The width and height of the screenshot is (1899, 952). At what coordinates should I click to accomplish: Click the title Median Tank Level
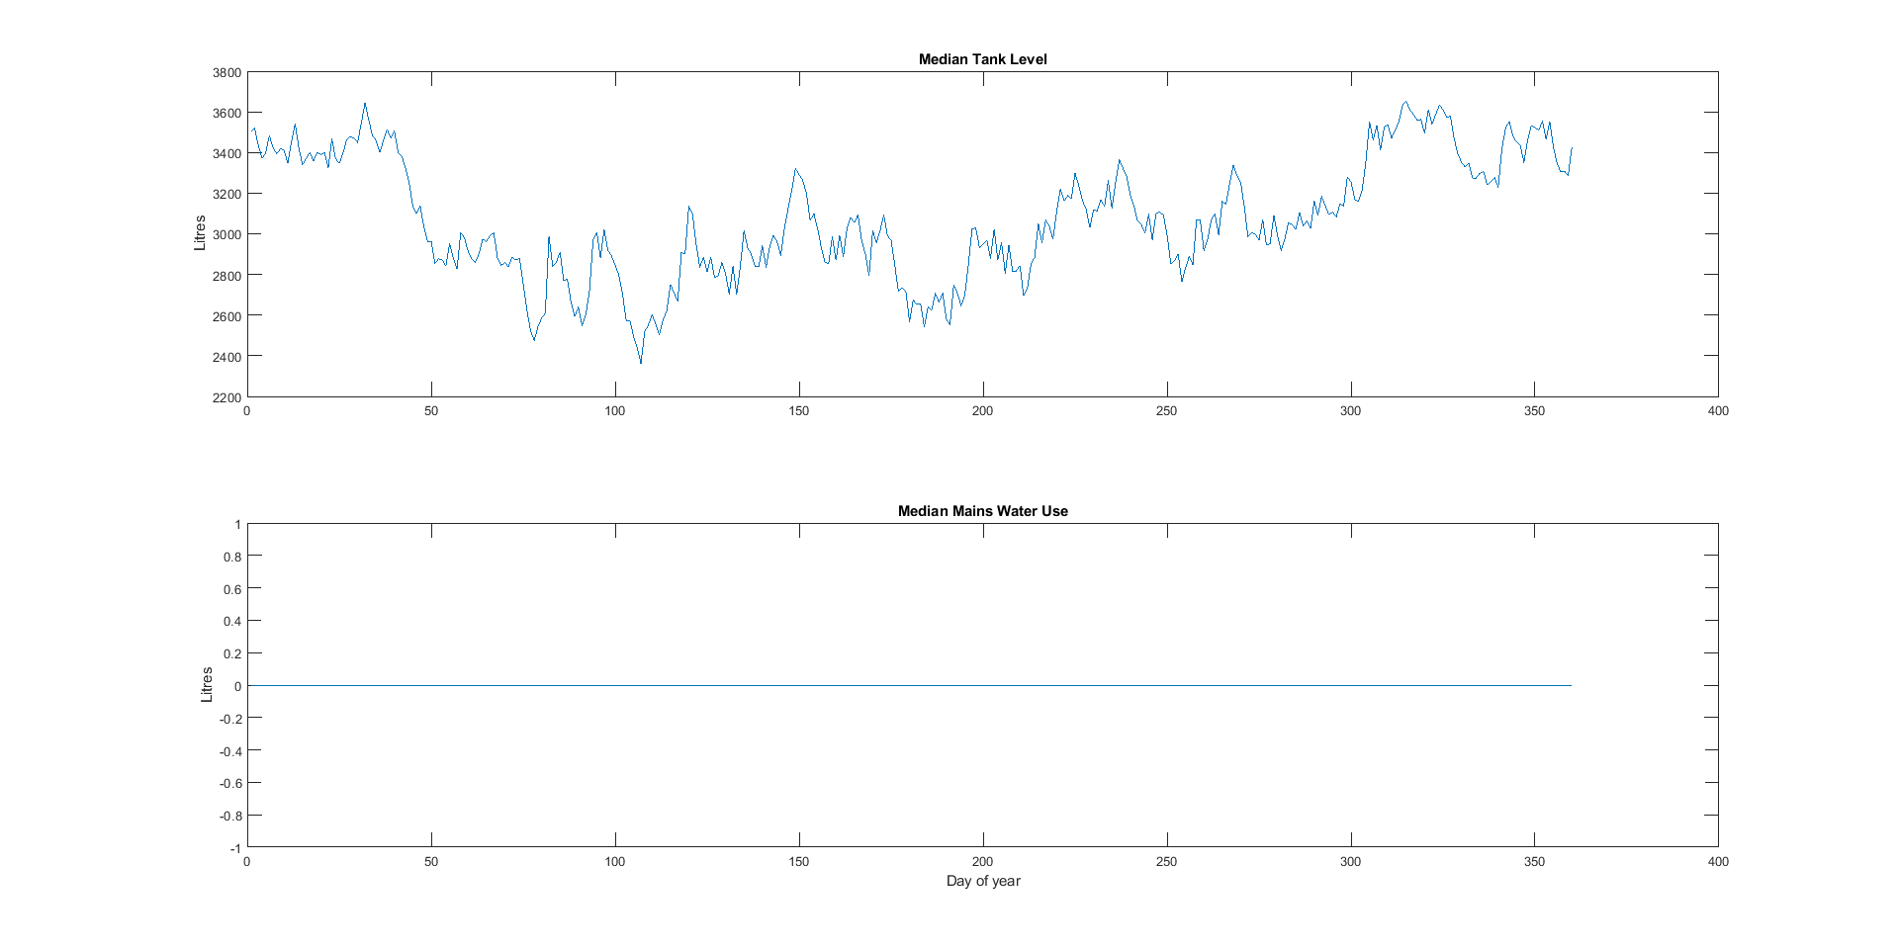point(982,59)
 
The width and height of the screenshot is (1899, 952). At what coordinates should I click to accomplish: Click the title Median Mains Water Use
point(982,511)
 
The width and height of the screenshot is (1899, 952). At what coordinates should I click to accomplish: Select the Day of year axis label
point(983,881)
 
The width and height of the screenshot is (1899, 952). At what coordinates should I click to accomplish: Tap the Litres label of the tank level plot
point(200,233)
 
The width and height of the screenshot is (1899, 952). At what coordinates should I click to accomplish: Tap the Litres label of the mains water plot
point(207,685)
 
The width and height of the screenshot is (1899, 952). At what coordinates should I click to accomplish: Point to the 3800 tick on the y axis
point(226,72)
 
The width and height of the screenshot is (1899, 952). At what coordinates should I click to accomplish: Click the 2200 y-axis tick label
point(226,397)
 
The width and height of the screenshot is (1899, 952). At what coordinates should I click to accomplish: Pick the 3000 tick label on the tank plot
point(226,234)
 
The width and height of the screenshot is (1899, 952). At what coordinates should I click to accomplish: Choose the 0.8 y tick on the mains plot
point(232,557)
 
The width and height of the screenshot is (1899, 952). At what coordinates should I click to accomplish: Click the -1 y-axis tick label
point(235,848)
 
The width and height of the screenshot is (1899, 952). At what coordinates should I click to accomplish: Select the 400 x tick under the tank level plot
point(1718,411)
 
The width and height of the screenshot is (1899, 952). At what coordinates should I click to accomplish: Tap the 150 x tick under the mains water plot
point(799,862)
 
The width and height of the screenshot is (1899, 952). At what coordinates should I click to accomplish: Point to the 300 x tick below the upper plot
point(1350,411)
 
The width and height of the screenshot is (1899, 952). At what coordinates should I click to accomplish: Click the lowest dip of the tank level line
point(641,363)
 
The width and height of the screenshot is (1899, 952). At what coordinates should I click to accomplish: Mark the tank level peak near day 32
point(365,103)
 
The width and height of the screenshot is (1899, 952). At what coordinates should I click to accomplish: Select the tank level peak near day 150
point(795,169)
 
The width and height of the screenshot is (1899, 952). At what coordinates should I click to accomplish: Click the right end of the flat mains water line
point(1571,685)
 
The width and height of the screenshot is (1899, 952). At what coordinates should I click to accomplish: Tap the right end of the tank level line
point(1572,148)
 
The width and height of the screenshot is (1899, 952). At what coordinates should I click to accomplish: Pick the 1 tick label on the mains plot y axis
point(237,524)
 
